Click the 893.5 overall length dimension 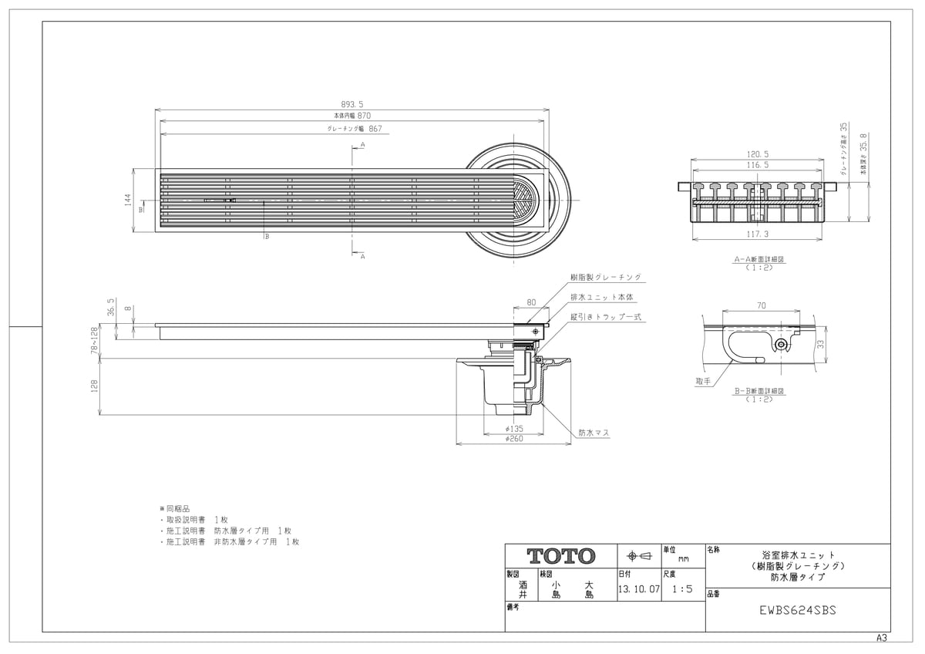353,104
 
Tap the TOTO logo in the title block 561,556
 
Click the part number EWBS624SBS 798,609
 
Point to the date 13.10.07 639,588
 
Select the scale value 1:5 682,588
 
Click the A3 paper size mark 882,639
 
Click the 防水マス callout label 594,433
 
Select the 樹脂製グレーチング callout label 605,277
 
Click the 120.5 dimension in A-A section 758,154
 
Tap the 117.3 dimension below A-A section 758,234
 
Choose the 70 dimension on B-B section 761,306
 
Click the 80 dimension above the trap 531,302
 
